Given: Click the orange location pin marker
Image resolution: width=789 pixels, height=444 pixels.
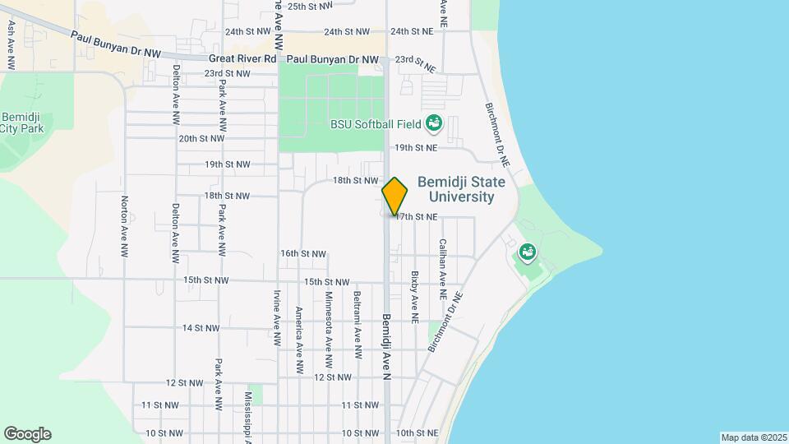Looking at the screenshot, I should (394, 196).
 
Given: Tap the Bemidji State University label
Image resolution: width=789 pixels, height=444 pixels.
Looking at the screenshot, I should (456, 189).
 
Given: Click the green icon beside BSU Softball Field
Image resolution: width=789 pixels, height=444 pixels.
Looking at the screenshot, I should (434, 125).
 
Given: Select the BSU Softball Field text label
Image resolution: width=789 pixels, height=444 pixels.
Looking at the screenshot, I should (374, 125).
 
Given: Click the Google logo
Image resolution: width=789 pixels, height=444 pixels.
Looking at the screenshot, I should (27, 434).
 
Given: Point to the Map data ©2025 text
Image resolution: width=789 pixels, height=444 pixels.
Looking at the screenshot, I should (753, 437).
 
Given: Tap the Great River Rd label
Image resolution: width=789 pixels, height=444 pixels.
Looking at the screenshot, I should (242, 59).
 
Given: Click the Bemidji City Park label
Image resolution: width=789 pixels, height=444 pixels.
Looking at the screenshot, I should (21, 123).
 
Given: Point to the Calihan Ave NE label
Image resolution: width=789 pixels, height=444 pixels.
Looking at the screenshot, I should (442, 269).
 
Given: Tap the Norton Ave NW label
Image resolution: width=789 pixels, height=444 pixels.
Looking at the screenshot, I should (124, 223).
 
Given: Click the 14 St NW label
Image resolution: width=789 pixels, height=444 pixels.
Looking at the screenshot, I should (201, 328).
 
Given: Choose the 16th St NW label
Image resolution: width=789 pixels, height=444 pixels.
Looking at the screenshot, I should (303, 254).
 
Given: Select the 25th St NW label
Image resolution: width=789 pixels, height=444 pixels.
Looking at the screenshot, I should (310, 6).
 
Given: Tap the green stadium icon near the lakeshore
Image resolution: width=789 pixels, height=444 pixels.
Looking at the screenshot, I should (527, 251).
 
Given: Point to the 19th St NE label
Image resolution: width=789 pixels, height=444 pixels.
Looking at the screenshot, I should (414, 148).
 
